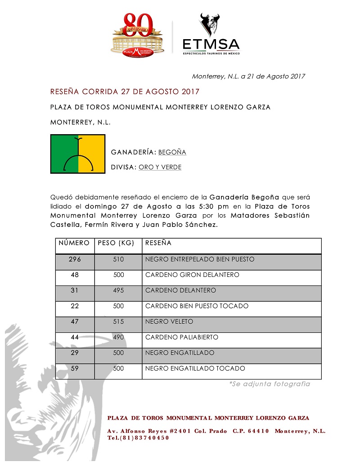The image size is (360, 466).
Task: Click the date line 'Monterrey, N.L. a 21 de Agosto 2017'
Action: [x=248, y=76]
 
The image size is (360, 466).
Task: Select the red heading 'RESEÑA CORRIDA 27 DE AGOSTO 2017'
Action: [x=125, y=92]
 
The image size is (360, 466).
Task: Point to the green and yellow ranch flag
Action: [x=78, y=154]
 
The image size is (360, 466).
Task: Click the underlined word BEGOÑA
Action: [x=172, y=152]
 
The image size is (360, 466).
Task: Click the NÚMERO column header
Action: [x=74, y=243]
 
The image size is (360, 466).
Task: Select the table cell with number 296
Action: [x=75, y=259]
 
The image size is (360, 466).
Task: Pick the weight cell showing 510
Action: [x=118, y=259]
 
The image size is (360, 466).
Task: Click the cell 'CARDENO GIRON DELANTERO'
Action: [x=192, y=275]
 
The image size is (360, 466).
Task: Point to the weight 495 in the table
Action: [x=118, y=290]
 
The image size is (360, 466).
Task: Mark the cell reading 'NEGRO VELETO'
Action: [x=169, y=321]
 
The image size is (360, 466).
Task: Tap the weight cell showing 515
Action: [x=118, y=321]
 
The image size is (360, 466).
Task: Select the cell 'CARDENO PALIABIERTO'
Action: [x=182, y=337]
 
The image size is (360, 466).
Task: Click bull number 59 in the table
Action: [x=75, y=368]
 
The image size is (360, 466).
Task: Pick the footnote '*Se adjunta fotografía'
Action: [x=270, y=384]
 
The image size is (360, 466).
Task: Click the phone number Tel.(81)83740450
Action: [x=138, y=438]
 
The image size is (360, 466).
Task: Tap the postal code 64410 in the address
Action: [x=258, y=431]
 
